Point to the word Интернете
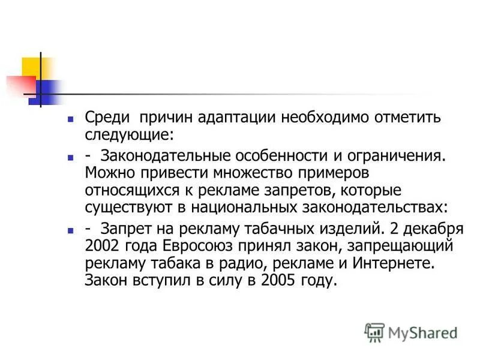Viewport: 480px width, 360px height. (388, 263)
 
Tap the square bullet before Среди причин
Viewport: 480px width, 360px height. (70, 118)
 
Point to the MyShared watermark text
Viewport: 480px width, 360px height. (421, 332)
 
